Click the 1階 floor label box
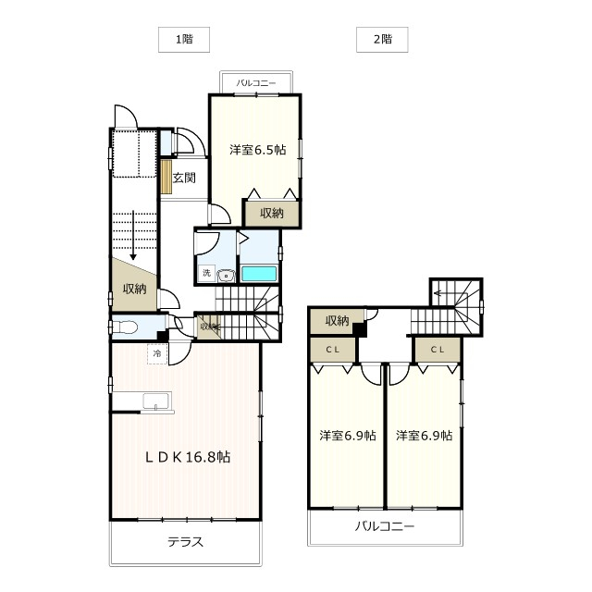[x=184, y=39]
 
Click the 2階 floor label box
[x=382, y=39]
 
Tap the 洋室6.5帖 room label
[x=258, y=150]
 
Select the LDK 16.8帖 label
[x=188, y=457]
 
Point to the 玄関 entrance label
[x=184, y=178]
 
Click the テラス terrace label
[x=185, y=542]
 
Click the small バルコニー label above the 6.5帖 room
[x=256, y=83]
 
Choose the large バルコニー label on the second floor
[x=385, y=526]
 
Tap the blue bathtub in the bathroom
[x=259, y=274]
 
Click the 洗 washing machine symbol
[x=206, y=273]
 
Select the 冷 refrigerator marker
[x=157, y=354]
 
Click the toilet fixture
[x=125, y=327]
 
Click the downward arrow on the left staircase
[x=133, y=235]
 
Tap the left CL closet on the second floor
[x=333, y=350]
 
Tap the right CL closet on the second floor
[x=438, y=350]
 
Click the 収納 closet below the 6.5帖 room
[x=271, y=214]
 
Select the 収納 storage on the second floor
[x=337, y=321]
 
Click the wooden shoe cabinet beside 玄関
[x=166, y=177]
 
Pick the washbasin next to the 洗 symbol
[x=227, y=276]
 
